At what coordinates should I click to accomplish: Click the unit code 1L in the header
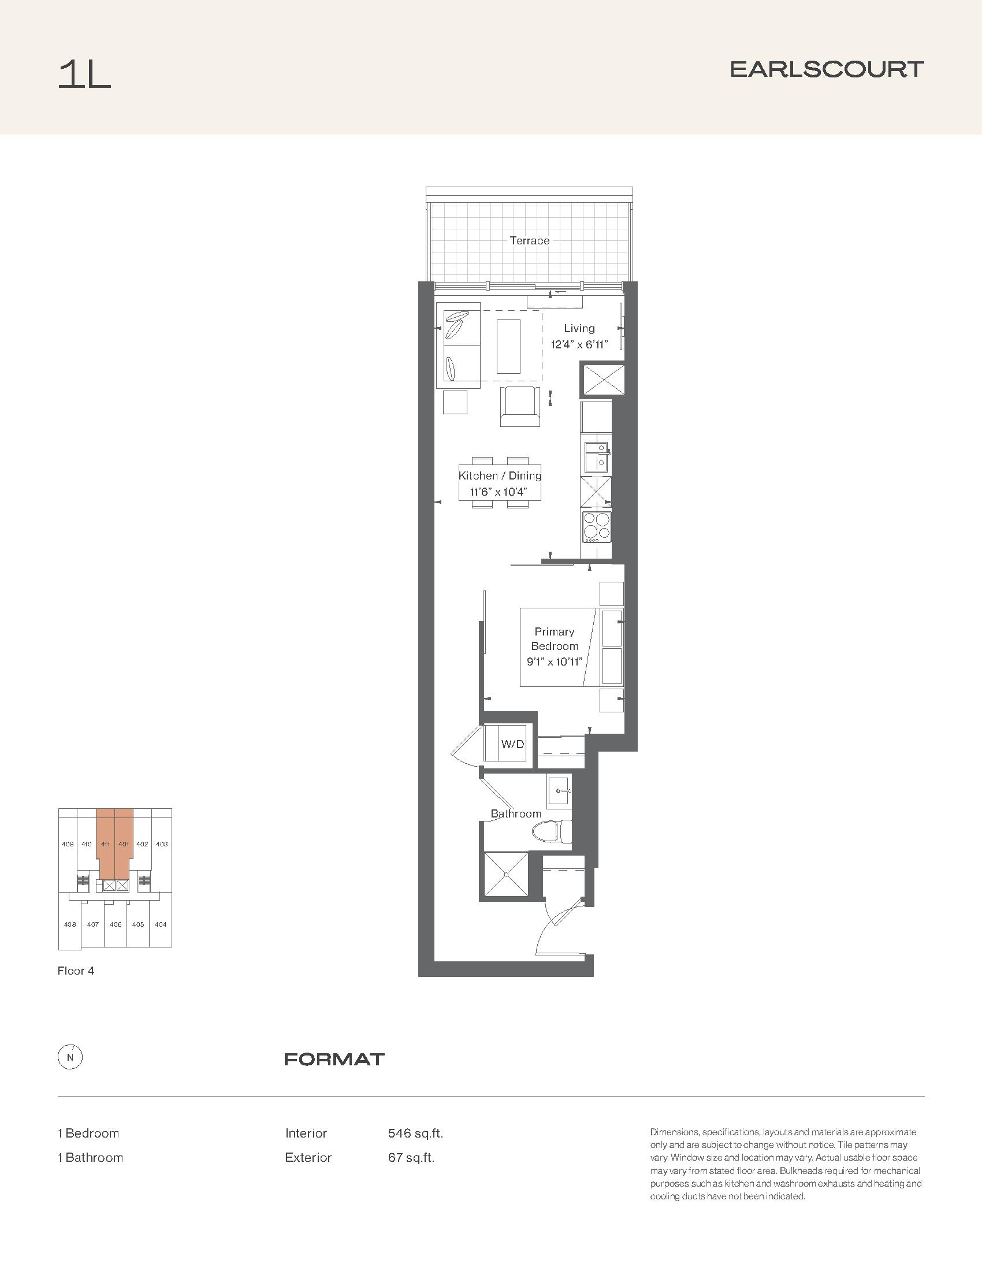[x=84, y=75]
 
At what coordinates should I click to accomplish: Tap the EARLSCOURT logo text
[x=827, y=70]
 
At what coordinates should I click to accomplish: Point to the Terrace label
[x=529, y=240]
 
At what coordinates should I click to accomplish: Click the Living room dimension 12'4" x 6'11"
[x=579, y=344]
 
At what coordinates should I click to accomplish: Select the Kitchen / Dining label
[x=500, y=475]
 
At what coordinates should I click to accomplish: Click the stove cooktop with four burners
[x=596, y=527]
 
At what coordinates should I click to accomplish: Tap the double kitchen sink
[x=596, y=457]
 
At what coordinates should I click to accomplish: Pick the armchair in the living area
[x=519, y=406]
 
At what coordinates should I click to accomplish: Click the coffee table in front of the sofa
[x=508, y=345]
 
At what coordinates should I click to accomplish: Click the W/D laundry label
[x=512, y=744]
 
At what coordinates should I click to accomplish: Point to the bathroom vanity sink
[x=560, y=791]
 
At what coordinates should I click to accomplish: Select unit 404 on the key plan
[x=161, y=924]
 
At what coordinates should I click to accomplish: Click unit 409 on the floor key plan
[x=68, y=844]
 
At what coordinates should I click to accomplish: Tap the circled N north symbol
[x=70, y=1058]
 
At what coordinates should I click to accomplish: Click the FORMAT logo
[x=334, y=1059]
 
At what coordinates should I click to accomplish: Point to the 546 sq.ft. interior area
[x=415, y=1134]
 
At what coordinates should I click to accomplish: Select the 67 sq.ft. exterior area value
[x=411, y=1158]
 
